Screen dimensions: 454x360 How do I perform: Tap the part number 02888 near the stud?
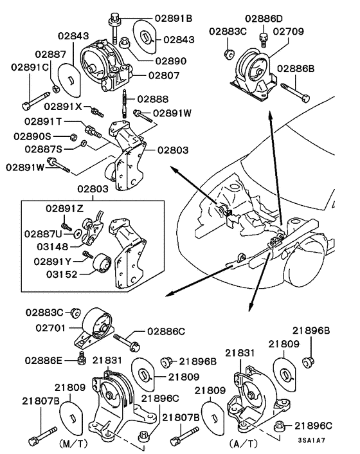[154, 100]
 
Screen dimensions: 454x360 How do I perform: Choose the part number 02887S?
[44, 149]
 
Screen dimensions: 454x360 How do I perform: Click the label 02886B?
[296, 68]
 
